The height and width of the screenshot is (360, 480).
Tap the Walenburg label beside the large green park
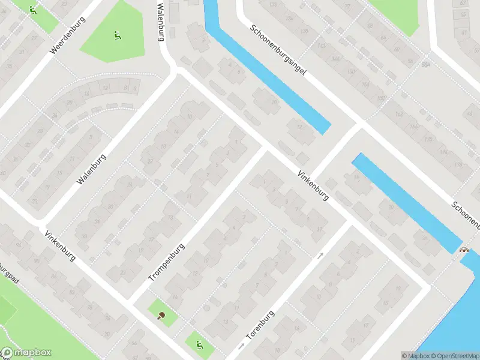click(x=160, y=20)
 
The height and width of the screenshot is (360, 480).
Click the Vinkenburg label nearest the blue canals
click(x=313, y=185)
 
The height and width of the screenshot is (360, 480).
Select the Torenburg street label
click(x=260, y=327)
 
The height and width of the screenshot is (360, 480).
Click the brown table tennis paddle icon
click(x=161, y=316)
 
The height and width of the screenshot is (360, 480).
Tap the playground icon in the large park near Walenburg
click(x=117, y=35)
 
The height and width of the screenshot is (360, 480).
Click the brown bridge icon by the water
click(x=464, y=249)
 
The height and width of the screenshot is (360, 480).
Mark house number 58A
click(x=425, y=64)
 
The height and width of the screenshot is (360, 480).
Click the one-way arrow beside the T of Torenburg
click(x=241, y=346)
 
